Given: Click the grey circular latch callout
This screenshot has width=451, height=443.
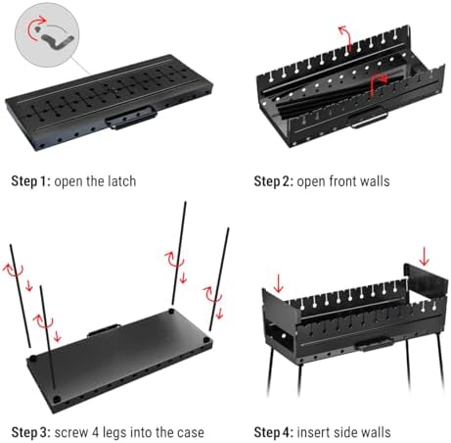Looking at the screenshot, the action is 47,35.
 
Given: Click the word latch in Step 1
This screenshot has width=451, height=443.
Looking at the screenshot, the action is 121,181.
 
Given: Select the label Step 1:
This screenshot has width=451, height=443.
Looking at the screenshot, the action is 31,181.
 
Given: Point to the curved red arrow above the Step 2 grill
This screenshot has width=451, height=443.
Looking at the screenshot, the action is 345,37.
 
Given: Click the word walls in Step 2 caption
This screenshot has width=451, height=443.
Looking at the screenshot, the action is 375,181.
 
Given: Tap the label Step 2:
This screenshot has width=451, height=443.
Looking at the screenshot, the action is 274,181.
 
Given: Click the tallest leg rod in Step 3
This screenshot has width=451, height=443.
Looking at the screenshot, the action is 179,253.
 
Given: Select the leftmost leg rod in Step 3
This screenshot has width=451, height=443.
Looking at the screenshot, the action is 21,296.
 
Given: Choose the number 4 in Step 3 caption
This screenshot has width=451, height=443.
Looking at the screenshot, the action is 95,432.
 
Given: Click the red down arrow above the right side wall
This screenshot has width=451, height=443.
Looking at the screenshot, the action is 425,256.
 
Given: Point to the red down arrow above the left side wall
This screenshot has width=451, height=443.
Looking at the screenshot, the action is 278,283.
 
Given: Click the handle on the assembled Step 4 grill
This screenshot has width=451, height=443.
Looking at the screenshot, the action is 374,344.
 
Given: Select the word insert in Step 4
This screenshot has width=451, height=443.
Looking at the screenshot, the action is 313,432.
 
